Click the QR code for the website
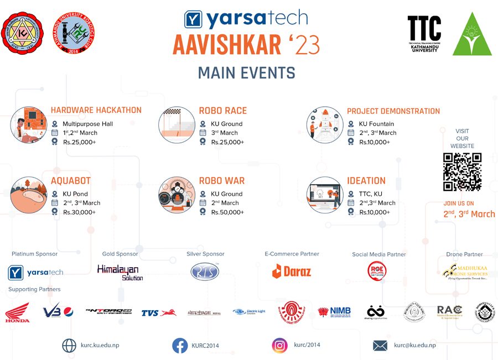click(x=462, y=172)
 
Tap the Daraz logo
click(x=292, y=271)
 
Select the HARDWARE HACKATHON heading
click(x=96, y=111)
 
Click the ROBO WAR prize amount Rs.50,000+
click(x=227, y=212)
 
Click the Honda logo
click(x=17, y=314)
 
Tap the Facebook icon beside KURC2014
click(x=180, y=346)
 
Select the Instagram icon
click(x=279, y=346)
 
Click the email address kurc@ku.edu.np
click(x=414, y=345)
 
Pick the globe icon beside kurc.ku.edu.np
click(x=69, y=346)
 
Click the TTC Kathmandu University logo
click(x=424, y=34)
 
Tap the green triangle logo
click(x=472, y=34)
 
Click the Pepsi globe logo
click(x=69, y=312)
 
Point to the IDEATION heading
click(x=366, y=181)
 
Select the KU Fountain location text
click(x=376, y=124)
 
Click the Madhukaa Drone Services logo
click(x=465, y=271)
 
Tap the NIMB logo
click(x=334, y=312)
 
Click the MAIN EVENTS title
click(x=246, y=73)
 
